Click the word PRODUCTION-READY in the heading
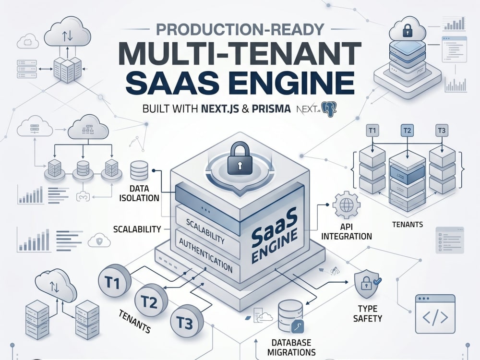click(240, 29)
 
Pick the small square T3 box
click(442, 131)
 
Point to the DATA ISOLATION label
click(139, 193)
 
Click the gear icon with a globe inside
click(346, 204)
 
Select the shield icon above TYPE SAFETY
click(366, 284)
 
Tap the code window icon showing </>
click(435, 314)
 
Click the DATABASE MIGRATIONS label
click(291, 347)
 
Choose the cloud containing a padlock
click(408, 29)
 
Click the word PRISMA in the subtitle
click(271, 108)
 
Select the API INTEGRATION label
click(346, 231)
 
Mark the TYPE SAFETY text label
click(367, 313)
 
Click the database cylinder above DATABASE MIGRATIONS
click(290, 317)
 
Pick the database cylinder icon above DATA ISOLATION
click(139, 170)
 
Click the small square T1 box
click(372, 131)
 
